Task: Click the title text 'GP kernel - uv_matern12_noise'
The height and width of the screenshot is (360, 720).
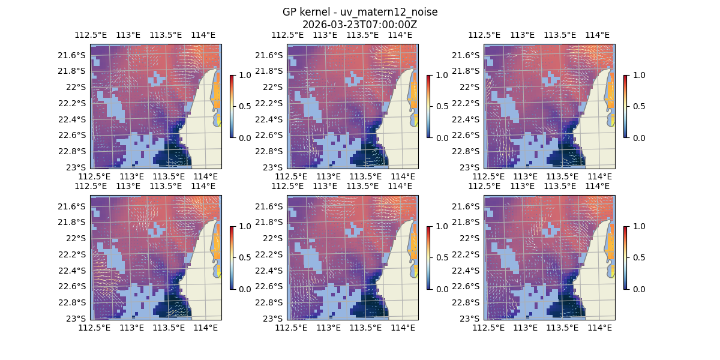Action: (x=359, y=12)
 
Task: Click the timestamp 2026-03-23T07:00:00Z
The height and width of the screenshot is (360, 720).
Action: (x=359, y=25)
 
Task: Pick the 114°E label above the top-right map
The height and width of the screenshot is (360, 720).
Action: (x=597, y=35)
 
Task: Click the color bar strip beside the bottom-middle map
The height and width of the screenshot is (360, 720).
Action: (x=428, y=257)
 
